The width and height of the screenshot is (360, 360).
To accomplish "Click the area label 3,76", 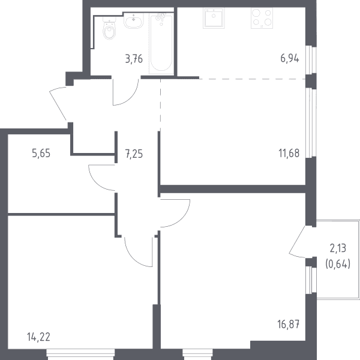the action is pos(134,59).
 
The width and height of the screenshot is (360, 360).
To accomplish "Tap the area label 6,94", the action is pos(290,59).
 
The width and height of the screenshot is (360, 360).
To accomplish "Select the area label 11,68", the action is pos(289,153).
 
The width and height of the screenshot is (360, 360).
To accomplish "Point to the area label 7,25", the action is pos(134,154).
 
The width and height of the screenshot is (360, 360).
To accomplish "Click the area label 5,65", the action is pos(41,153).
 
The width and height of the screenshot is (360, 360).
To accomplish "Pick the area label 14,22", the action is pos(38,337).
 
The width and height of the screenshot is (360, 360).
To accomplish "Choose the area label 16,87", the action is pos(289,324).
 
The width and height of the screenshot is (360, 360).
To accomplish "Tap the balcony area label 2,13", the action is pos(338,248).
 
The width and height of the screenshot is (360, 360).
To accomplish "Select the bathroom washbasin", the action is pos(134,20).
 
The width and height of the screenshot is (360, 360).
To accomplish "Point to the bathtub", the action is pos(161,43).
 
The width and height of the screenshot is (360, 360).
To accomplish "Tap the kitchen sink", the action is pos(214,19).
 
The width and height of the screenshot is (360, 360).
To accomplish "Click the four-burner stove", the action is pos(262,19).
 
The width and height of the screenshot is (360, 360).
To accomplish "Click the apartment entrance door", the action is pos(58,103).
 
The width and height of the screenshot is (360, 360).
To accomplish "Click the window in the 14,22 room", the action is pos(80,354).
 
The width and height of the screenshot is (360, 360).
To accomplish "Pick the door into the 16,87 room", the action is pos(175,213).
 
